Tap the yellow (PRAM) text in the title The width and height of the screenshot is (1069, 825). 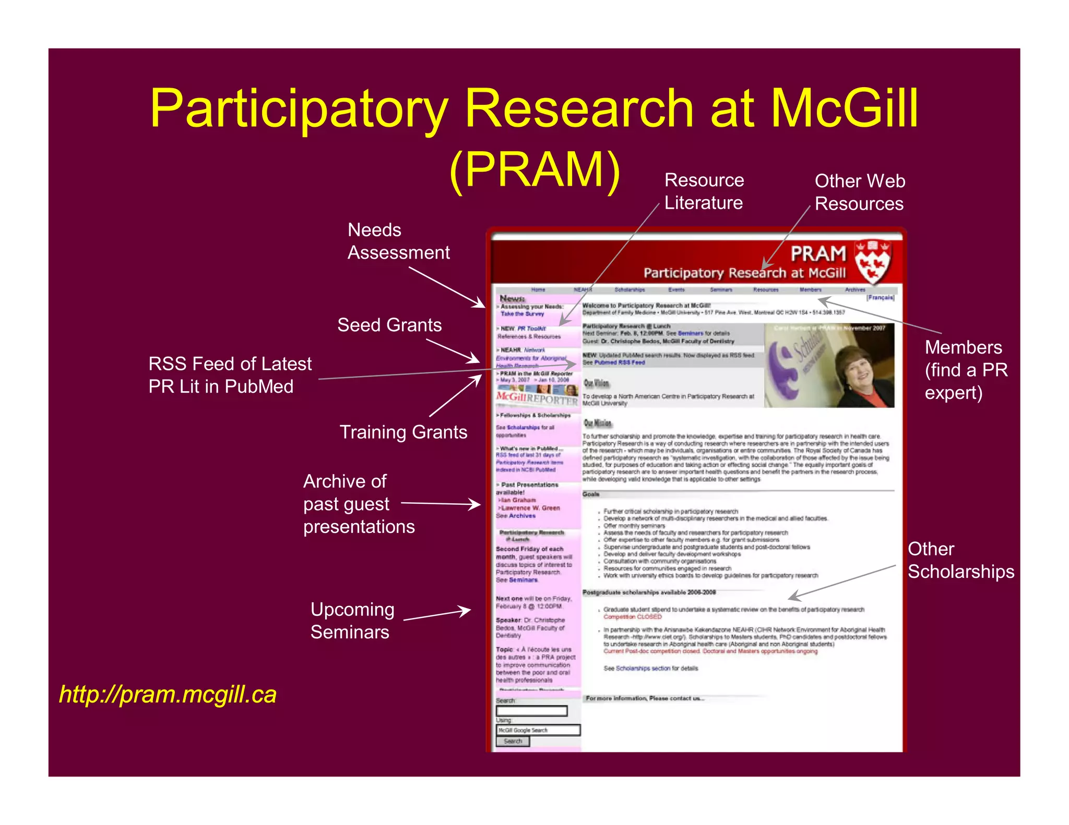coord(534,169)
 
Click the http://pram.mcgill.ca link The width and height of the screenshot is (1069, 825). coord(168,694)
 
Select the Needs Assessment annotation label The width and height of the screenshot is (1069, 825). coord(398,241)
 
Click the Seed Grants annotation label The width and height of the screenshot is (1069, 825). coord(389,325)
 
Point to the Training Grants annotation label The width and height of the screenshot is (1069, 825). coord(403,432)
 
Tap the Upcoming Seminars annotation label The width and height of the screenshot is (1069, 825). coord(352,621)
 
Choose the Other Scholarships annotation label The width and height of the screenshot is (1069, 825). coord(960,560)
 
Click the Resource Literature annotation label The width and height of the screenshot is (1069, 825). coord(704,191)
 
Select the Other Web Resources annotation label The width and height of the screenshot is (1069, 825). coord(860,192)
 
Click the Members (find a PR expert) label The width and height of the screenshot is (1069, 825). coord(966,370)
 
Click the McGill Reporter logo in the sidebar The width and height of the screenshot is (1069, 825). coord(537,398)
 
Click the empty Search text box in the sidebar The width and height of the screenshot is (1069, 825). coord(531,711)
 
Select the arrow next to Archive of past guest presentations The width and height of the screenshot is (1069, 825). coord(441,504)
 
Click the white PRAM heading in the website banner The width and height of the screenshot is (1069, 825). coord(817,254)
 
